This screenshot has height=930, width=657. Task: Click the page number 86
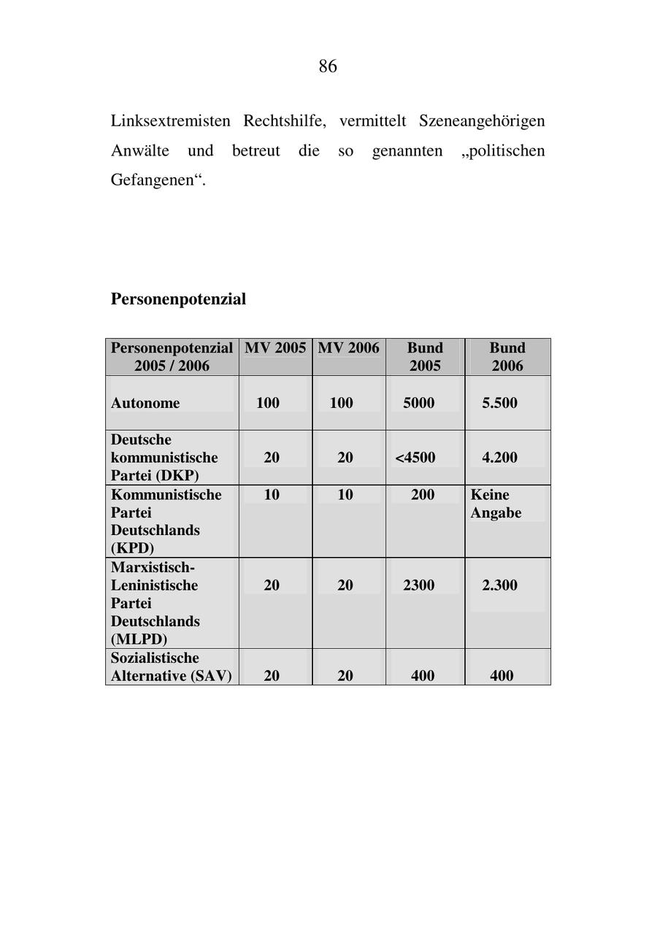pos(328,66)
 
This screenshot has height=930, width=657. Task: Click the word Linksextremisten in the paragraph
pos(170,120)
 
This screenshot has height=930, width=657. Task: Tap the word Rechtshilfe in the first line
pos(283,120)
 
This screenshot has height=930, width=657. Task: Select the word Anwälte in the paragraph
pos(139,151)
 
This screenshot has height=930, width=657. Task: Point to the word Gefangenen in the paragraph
pos(155,180)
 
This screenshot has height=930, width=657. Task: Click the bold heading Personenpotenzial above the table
pos(178,299)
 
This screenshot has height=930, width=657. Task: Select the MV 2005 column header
pos(275,348)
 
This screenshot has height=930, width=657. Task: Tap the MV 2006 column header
pos(348,348)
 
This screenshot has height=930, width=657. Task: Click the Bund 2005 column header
pos(425,357)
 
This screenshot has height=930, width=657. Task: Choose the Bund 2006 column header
pos(507,357)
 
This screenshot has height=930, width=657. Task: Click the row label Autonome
pos(145,403)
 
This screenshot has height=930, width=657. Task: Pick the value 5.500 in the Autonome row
pos(499,403)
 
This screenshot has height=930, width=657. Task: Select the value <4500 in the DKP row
pos(415,458)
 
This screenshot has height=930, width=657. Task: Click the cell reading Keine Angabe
pos(496,504)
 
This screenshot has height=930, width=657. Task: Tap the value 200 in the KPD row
pos(423,495)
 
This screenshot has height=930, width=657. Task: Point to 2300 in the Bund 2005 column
pos(418,585)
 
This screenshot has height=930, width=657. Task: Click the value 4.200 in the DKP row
pos(499,458)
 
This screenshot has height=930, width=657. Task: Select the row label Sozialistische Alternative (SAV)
pos(171,667)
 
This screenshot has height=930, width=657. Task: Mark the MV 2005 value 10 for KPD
pos(272,495)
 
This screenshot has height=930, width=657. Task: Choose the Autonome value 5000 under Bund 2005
pos(418,403)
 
